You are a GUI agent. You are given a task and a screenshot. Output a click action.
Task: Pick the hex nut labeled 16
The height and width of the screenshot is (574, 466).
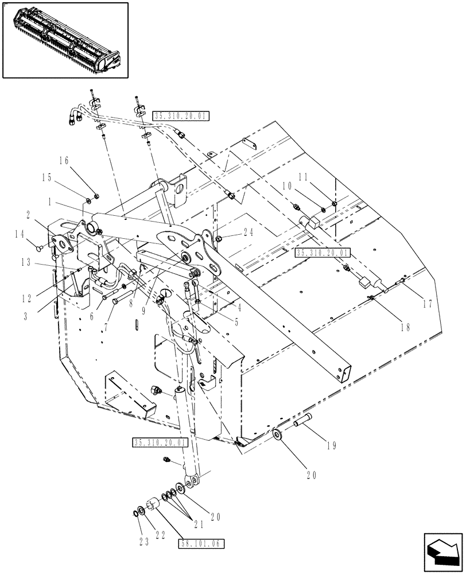95,195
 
